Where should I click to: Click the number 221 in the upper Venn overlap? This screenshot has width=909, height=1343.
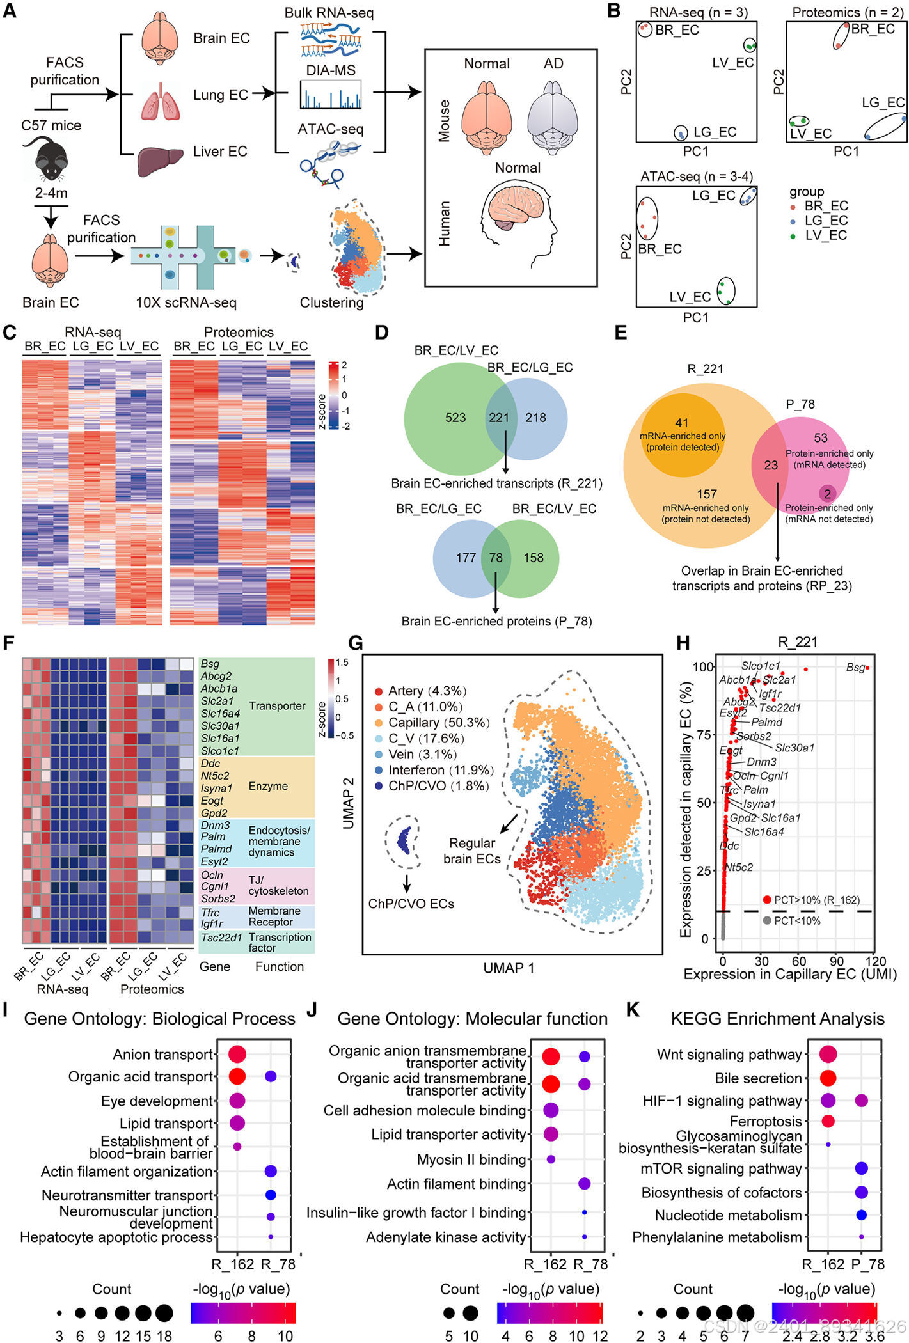click(499, 418)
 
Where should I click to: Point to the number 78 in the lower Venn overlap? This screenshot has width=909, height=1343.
click(496, 558)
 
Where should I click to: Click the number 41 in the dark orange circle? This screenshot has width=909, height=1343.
click(682, 423)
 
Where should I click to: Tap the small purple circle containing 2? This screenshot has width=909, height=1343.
click(827, 494)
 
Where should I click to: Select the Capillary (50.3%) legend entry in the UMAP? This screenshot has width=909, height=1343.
click(438, 723)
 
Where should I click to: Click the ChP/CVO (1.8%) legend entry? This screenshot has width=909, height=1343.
click(438, 786)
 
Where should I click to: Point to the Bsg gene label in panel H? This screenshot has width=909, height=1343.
click(855, 668)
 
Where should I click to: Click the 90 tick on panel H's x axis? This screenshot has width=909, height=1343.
click(837, 961)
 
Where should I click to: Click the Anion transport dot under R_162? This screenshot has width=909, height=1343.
click(237, 1055)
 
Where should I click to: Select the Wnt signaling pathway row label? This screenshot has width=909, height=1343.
click(729, 1055)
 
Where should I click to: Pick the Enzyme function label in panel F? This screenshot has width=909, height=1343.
click(268, 786)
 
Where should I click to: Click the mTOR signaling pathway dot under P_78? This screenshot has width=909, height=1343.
click(862, 1168)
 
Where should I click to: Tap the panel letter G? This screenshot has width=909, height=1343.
click(354, 642)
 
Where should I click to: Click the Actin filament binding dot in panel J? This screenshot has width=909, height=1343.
click(584, 1184)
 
